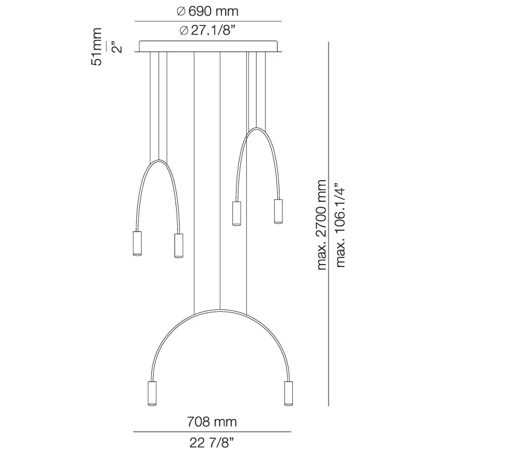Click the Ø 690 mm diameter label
208,11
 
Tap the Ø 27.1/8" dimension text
208,30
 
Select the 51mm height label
97,47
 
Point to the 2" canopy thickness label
117,47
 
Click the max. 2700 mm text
322,225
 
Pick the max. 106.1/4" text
340,225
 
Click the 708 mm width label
212,422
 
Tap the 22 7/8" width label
212,443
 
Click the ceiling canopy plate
208,47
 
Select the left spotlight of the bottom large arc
152,393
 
